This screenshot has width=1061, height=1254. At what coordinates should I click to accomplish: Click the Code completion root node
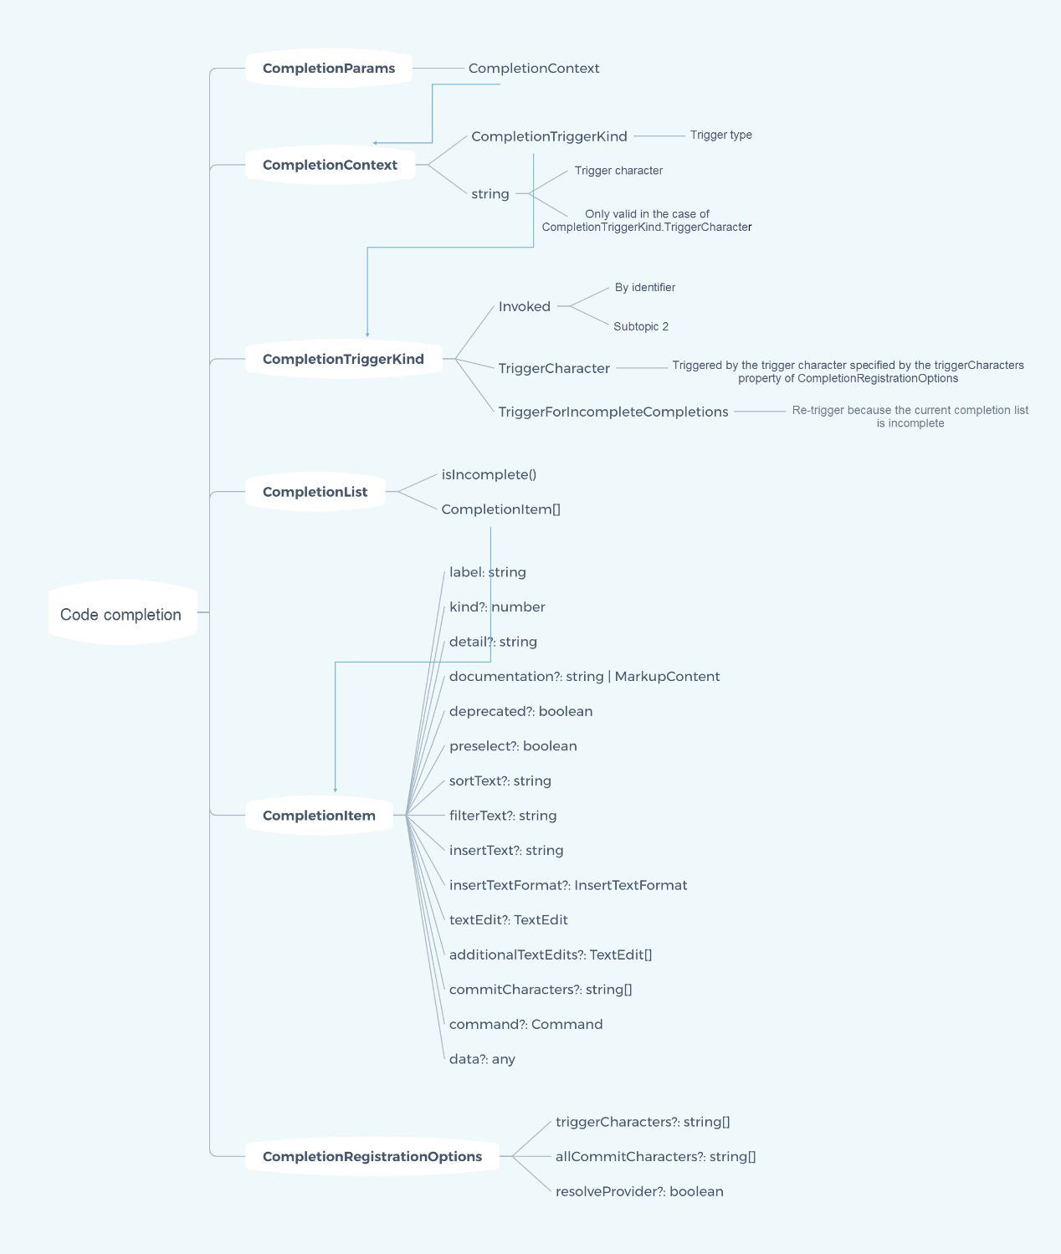click(x=121, y=614)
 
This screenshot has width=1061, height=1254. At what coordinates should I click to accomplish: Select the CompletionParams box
click(x=329, y=69)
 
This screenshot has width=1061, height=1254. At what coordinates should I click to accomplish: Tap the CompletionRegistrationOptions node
click(x=372, y=1156)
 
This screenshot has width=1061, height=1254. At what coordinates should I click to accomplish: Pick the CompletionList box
click(x=315, y=492)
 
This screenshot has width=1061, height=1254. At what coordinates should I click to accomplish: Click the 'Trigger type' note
click(x=720, y=135)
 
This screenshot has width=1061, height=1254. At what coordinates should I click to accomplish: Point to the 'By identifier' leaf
click(x=644, y=287)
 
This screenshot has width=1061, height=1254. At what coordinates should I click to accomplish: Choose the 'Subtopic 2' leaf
click(x=641, y=326)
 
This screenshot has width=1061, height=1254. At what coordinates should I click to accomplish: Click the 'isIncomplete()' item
click(x=489, y=474)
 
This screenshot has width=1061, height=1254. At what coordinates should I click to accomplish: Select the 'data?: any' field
click(x=482, y=1059)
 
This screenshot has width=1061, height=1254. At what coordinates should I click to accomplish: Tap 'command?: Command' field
click(x=525, y=1024)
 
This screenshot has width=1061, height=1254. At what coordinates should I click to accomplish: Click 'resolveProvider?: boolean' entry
click(x=639, y=1191)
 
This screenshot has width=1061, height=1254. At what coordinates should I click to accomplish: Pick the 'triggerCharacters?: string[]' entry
click(x=643, y=1122)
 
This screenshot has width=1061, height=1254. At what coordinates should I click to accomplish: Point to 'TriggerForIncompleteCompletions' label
click(x=613, y=412)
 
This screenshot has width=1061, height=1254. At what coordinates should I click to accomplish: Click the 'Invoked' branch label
click(x=525, y=306)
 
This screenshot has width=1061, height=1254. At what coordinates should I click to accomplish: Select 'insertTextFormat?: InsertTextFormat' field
click(x=568, y=885)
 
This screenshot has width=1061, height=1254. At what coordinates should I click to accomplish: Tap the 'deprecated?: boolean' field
click(x=520, y=711)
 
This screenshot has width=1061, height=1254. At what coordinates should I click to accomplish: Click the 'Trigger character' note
click(x=618, y=171)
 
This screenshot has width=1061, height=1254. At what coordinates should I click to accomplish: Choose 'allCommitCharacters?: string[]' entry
click(x=655, y=1156)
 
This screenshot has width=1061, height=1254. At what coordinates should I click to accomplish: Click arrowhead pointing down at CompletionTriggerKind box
click(x=367, y=335)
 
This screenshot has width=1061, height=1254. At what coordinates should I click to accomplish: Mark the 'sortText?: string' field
click(x=500, y=781)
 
